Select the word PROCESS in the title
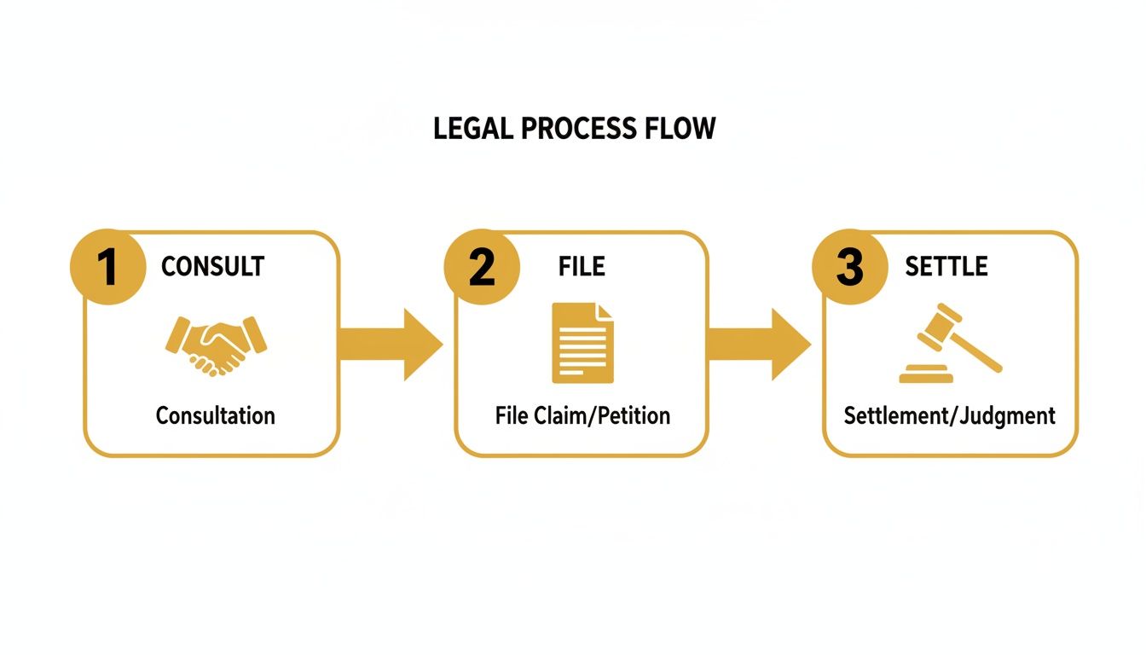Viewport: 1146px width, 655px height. (579, 129)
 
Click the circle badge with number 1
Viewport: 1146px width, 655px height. (107, 267)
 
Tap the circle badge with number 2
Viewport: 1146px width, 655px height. (481, 267)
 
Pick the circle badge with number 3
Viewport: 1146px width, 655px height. (849, 267)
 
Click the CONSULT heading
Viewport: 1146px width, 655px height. (212, 266)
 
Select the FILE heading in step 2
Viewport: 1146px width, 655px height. (582, 266)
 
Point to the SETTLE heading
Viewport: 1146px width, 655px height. (946, 266)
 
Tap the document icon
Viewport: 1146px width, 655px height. (582, 343)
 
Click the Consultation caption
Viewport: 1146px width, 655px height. (215, 416)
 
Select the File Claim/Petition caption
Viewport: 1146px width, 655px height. (582, 416)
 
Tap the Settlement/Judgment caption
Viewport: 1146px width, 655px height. (949, 416)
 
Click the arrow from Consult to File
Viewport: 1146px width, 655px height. (390, 345)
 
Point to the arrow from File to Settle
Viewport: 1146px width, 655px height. (758, 345)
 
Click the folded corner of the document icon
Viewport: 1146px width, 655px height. (605, 311)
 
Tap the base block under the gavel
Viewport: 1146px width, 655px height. (926, 374)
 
